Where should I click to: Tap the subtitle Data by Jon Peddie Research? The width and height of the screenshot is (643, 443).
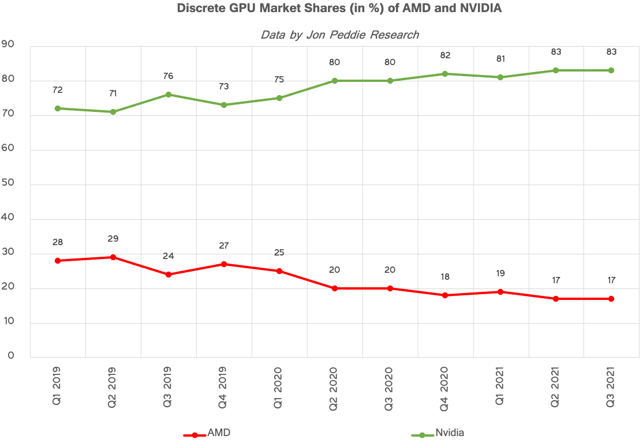tap(339, 35)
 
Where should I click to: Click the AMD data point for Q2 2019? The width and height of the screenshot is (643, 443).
tap(113, 257)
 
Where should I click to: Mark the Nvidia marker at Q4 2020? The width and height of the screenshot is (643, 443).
tap(444, 74)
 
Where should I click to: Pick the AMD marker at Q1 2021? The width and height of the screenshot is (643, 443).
tap(500, 292)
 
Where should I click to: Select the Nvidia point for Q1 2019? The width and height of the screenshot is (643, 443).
tap(58, 108)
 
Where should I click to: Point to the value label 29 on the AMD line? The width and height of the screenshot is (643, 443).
tap(113, 239)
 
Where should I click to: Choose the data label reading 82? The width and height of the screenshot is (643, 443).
tap(444, 55)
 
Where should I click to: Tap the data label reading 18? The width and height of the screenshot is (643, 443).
tap(444, 277)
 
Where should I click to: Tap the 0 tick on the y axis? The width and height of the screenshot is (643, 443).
tap(11, 355)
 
